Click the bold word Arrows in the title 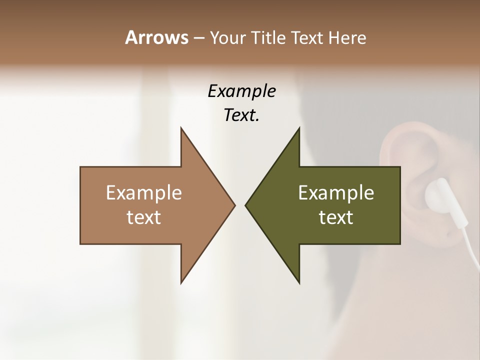click(x=156, y=37)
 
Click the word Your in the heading click(x=228, y=37)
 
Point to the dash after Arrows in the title click(x=198, y=38)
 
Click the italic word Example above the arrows click(x=241, y=91)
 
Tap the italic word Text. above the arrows click(x=241, y=115)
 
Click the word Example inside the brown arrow click(x=144, y=192)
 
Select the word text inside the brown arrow click(x=144, y=217)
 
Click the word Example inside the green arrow click(x=336, y=192)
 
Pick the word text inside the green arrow click(x=336, y=217)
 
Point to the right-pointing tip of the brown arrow click(x=234, y=205)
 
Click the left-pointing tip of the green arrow click(x=246, y=205)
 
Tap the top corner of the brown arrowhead click(x=181, y=128)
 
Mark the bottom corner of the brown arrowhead click(x=181, y=282)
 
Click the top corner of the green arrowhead click(x=299, y=128)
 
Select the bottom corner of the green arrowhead click(x=299, y=282)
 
